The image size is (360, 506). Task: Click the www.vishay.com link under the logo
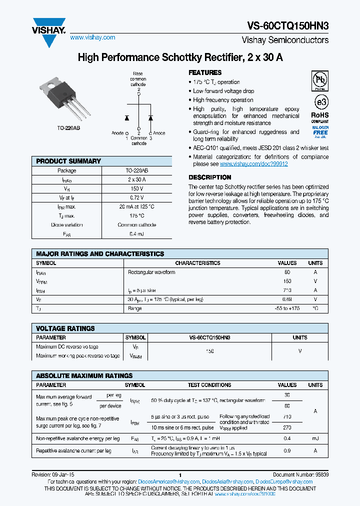pos(92,37)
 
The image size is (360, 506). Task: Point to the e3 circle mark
pos(320,102)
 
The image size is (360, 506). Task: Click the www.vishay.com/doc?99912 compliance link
pos(253,164)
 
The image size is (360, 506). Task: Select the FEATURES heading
pos(205,72)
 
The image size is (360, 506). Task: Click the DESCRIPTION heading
pos(209,177)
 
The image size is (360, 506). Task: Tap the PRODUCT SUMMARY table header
pos(68,161)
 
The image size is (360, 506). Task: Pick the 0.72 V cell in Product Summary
pos(136,197)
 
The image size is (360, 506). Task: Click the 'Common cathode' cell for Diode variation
pos(136,224)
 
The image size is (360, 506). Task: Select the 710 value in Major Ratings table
pos(287,290)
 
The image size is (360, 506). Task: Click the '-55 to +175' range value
pos(287,308)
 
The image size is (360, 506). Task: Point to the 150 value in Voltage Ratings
pos(209,351)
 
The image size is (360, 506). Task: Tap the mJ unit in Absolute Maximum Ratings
pos(315,438)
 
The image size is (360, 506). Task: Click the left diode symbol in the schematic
pos(126,118)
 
